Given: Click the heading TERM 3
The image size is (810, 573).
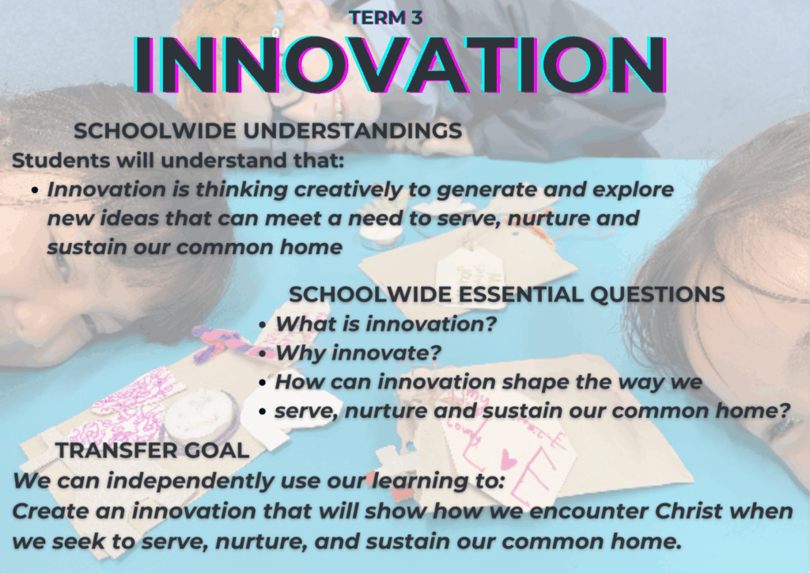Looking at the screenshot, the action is (x=386, y=17).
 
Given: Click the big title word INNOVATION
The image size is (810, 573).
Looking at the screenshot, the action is (x=399, y=65).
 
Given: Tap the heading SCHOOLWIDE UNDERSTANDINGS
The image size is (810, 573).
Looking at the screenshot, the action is (x=267, y=131).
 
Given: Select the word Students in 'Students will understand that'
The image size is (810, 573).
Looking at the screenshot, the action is (x=61, y=160).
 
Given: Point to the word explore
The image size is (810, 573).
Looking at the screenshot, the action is (x=633, y=190).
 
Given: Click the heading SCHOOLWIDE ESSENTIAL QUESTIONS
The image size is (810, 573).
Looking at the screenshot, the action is (x=507, y=294).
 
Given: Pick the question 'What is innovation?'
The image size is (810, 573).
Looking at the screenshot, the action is (x=385, y=324).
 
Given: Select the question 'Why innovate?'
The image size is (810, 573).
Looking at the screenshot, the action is (x=358, y=354).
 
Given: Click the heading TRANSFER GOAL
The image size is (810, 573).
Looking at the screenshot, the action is (x=153, y=450).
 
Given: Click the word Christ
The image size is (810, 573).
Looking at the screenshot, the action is (x=688, y=511).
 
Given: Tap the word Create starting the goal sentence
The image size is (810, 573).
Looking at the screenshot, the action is (x=44, y=511).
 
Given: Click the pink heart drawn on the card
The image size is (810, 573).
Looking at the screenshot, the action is (x=509, y=459).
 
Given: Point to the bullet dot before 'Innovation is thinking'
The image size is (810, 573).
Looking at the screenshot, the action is (x=35, y=191).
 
